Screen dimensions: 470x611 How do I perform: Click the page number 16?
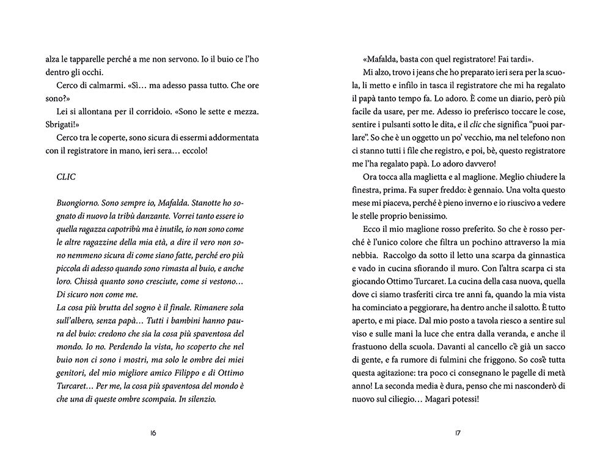(153, 433)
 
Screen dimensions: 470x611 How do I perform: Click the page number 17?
(457, 433)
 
